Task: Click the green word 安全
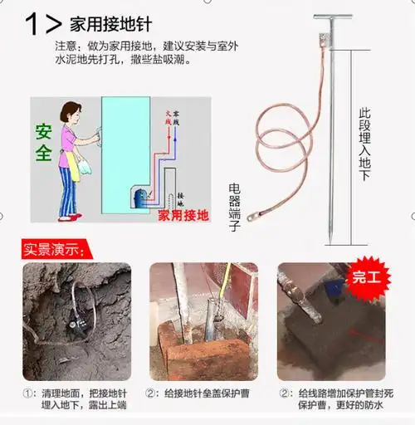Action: tap(44, 143)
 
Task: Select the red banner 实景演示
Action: tap(54, 249)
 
